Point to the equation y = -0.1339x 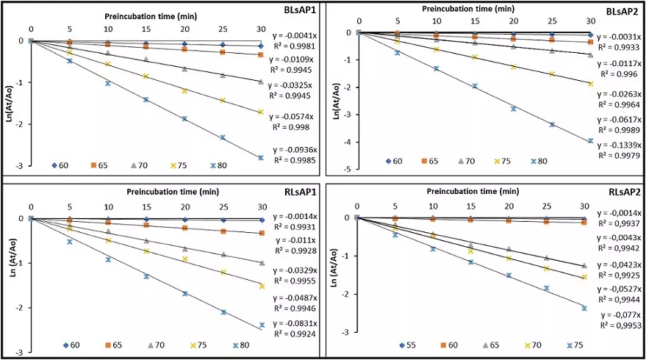617,144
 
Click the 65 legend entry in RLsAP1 111,345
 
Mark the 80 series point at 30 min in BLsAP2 590,141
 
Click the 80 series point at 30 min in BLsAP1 260,157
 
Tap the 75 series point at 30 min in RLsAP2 584,309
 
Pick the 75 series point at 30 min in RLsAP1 261,286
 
